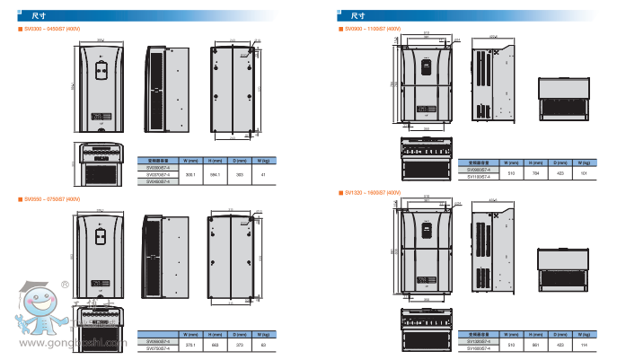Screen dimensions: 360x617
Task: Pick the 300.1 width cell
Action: pos(190,173)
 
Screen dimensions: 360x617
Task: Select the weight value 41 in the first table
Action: pos(263,173)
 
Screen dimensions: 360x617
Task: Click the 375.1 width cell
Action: pos(190,344)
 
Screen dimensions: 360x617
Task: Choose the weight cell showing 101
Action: pos(584,171)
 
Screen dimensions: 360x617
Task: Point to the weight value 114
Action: pos(584,345)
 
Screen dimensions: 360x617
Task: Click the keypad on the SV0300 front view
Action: pos(101,64)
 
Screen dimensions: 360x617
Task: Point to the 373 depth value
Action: pos(239,344)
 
